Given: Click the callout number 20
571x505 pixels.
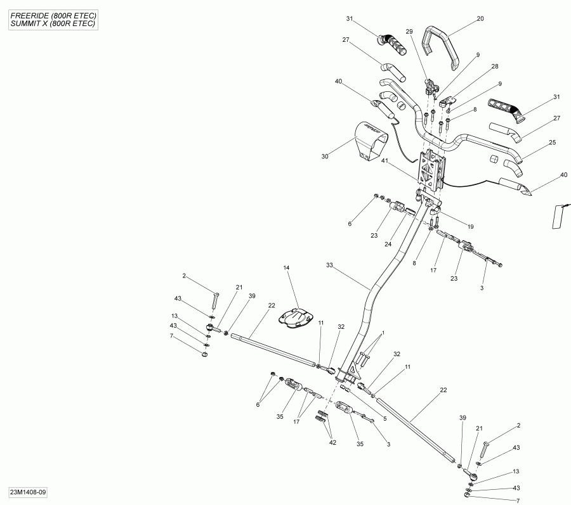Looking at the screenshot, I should (480, 18).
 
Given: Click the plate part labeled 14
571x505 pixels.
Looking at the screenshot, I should (297, 317).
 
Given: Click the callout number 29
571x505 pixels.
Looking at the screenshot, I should (409, 31).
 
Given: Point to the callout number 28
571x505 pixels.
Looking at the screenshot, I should (494, 67).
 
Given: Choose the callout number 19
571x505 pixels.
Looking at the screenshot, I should (470, 226).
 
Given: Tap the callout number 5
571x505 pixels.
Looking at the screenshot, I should (384, 419).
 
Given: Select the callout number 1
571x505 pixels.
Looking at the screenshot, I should (383, 333).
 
